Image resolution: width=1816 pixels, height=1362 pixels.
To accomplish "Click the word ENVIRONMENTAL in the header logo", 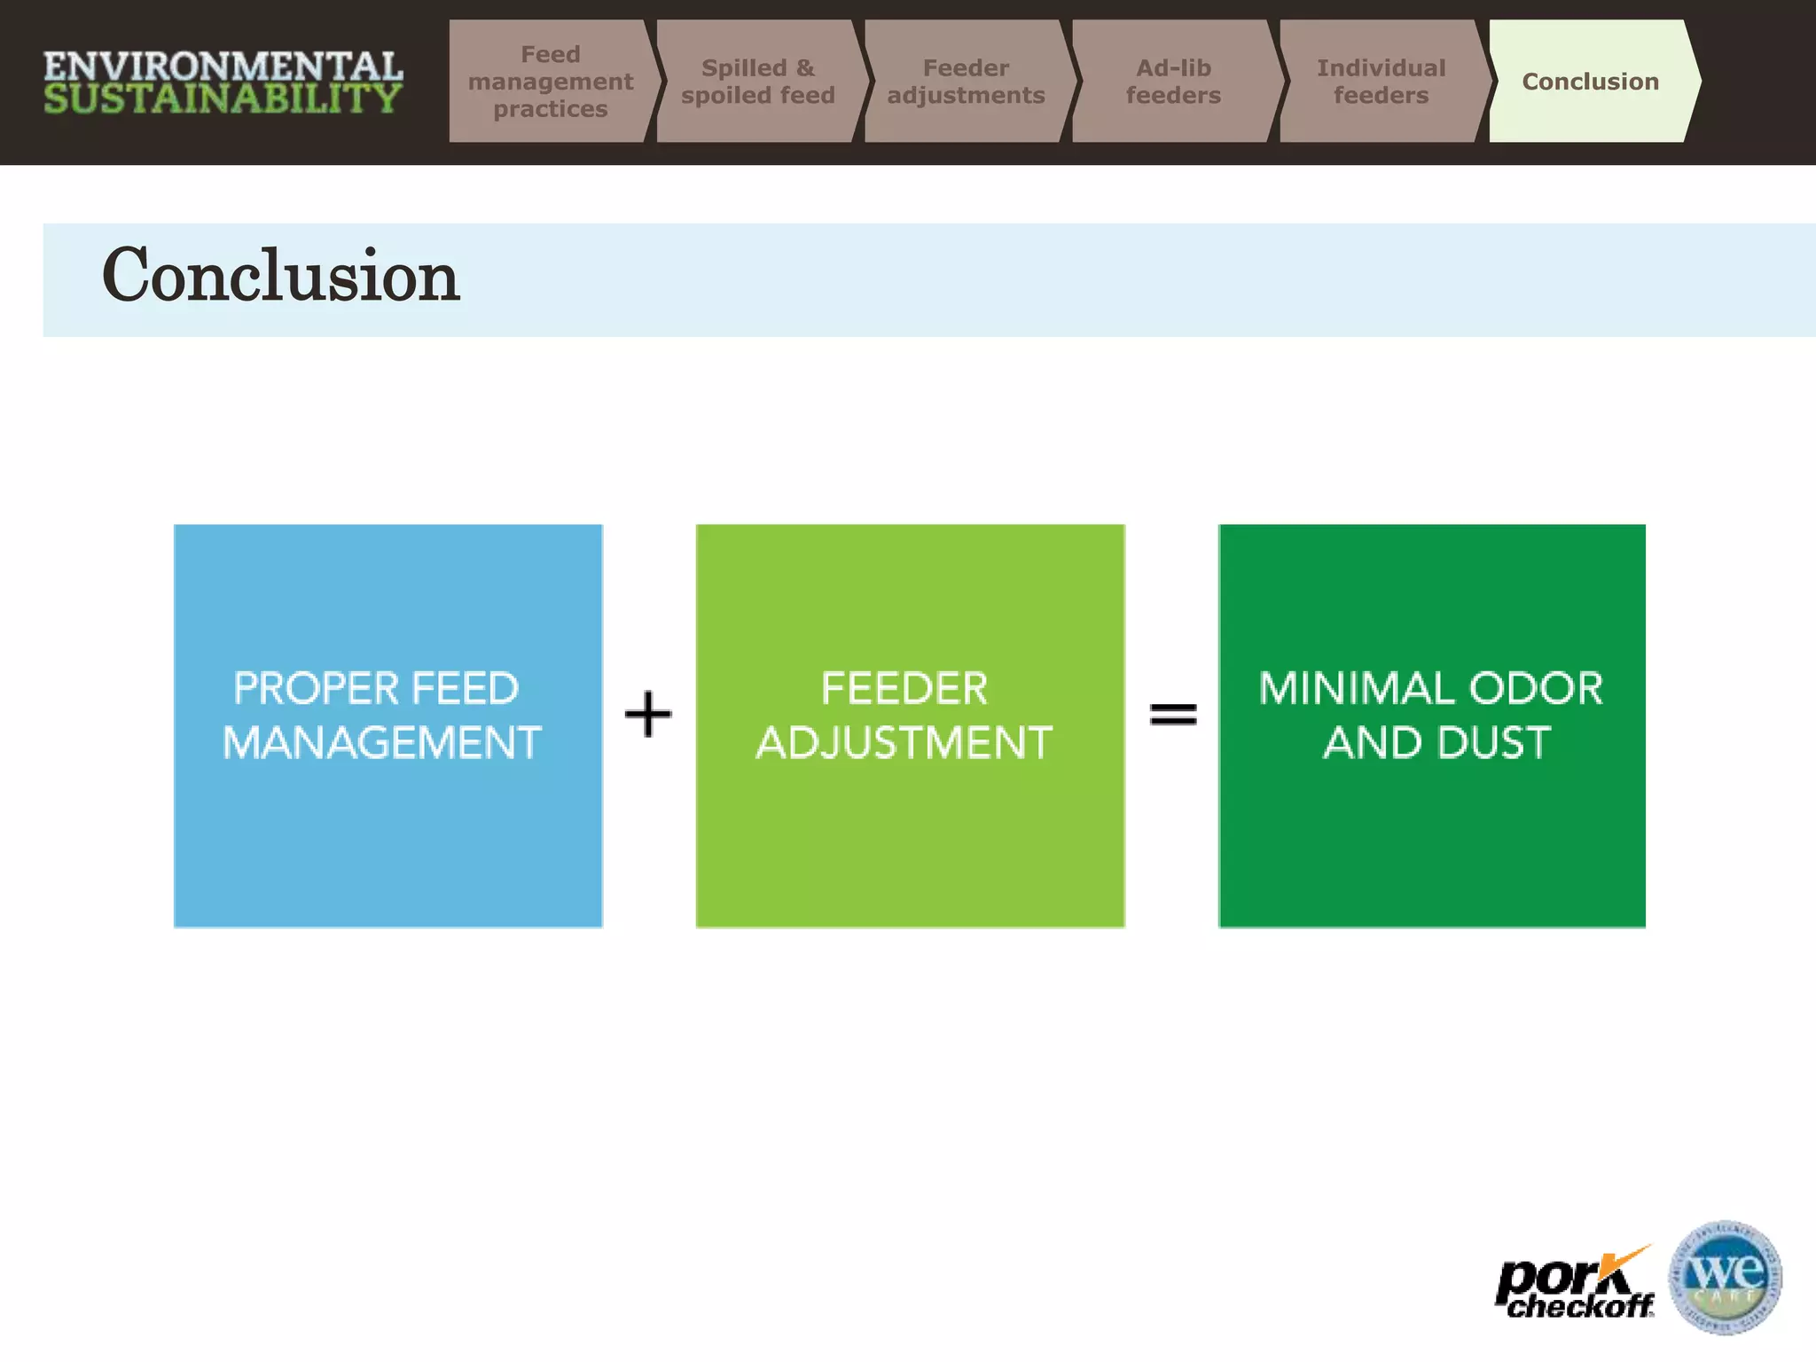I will pos(223,67).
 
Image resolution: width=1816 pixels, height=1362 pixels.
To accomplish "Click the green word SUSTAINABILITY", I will pos(223,98).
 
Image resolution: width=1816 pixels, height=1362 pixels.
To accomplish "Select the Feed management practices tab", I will pos(550,82).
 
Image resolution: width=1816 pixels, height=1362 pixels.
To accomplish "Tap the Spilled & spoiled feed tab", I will pos(757,82).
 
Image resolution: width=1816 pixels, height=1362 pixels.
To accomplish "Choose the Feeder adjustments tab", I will pos(966,82).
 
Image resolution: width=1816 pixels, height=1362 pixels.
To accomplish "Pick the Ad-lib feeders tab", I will pos(1172,82).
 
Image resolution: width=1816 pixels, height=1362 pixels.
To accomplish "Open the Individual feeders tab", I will pos(1380,82).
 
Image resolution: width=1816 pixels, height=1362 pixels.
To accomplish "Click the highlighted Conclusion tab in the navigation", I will pos(1589,82).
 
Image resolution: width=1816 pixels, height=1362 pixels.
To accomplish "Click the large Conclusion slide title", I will pos(280,277).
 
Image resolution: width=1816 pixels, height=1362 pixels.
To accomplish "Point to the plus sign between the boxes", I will pos(648,715).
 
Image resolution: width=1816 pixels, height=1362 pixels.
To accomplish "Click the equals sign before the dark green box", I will pos(1172,714).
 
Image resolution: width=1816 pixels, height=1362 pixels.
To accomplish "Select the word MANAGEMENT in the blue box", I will pos(381,743).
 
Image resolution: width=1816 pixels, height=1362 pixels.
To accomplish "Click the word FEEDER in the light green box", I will pos(904,689).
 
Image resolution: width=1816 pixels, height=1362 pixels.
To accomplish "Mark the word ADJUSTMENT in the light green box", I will pos(904,743).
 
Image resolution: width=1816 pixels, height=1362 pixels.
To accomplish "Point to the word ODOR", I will pos(1536,689).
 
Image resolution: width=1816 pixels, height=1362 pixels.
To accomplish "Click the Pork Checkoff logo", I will pos(1574,1284).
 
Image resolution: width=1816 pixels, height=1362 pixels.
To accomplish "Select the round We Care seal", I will pos(1725,1277).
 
